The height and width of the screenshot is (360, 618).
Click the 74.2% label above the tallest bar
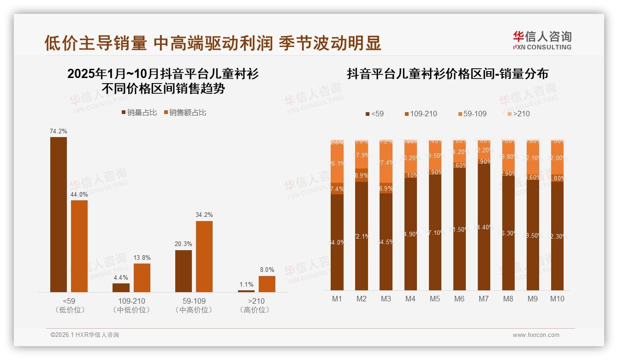click(59, 132)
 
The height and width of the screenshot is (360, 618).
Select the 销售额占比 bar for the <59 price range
click(79, 246)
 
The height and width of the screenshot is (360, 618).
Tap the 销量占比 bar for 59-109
click(184, 271)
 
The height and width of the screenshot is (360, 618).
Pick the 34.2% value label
click(204, 215)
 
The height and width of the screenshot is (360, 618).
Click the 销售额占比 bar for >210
click(267, 284)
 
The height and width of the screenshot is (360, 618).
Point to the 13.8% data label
click(142, 258)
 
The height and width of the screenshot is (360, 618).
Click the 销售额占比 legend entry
click(184, 113)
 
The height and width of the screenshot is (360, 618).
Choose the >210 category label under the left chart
click(255, 301)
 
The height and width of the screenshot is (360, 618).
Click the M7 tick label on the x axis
click(483, 299)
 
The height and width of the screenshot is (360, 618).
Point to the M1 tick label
click(337, 299)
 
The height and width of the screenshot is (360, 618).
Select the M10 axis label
click(557, 299)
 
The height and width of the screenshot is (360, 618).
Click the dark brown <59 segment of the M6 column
click(459, 231)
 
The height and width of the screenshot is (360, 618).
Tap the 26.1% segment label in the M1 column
click(337, 163)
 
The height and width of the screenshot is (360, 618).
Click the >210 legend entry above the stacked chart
click(518, 114)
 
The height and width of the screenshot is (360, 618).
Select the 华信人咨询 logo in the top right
click(542, 40)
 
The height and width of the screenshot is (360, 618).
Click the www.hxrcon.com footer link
click(536, 335)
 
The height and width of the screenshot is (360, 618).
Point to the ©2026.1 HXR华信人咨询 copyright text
click(85, 335)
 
